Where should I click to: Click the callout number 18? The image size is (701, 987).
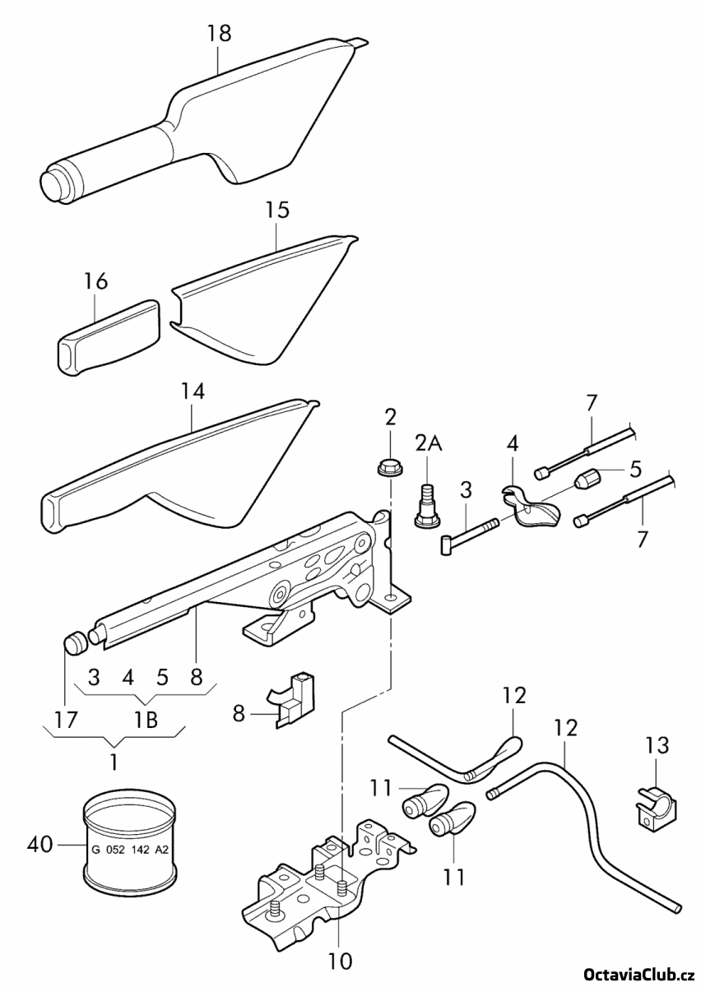[218, 34]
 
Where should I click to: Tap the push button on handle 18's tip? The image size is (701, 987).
[53, 184]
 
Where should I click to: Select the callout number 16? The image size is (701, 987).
[95, 281]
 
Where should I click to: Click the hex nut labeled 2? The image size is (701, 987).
[391, 466]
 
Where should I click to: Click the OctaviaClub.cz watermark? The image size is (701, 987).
[640, 974]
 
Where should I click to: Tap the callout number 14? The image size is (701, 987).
[193, 392]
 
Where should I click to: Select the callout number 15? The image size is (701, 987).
[277, 211]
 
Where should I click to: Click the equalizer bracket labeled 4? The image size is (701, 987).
[529, 507]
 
